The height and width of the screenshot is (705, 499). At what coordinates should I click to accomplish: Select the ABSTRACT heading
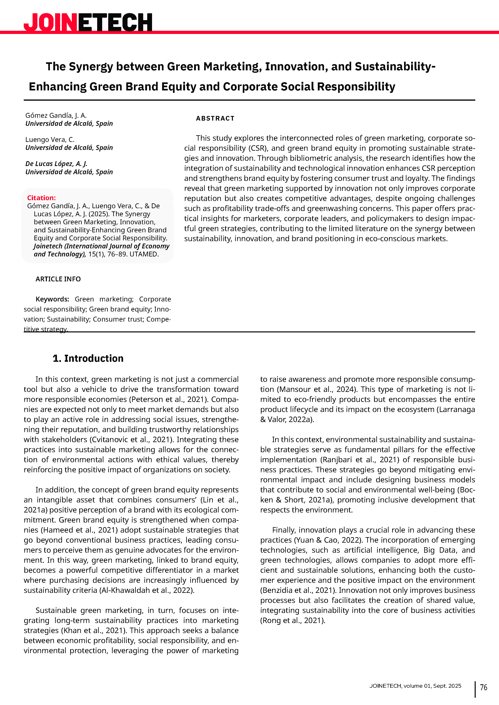click(x=215, y=118)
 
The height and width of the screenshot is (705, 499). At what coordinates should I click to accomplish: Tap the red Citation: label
click(x=41, y=198)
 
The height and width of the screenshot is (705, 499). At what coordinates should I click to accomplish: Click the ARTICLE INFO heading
click(x=58, y=279)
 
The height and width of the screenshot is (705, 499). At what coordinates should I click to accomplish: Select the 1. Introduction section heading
click(x=88, y=358)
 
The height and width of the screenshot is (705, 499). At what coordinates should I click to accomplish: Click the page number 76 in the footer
click(x=483, y=687)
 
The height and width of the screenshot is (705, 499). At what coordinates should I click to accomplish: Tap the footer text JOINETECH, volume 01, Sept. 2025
click(x=415, y=686)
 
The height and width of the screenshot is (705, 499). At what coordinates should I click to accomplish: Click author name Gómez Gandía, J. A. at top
click(x=56, y=115)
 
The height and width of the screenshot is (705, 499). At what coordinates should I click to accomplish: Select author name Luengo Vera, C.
click(x=50, y=139)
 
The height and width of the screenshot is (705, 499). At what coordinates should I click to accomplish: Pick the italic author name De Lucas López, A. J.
click(x=56, y=164)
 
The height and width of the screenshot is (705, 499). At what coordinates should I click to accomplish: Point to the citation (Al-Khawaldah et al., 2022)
click(x=147, y=590)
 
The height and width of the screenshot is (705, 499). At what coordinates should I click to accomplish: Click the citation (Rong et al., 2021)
click(x=292, y=620)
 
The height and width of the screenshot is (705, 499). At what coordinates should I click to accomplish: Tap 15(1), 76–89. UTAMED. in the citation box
click(x=123, y=254)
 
